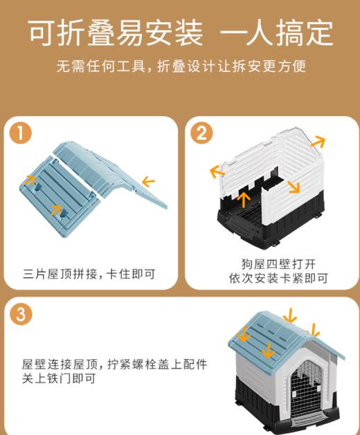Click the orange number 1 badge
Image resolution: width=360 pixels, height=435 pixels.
(24, 133)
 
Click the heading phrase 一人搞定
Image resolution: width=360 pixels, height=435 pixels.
(277, 32)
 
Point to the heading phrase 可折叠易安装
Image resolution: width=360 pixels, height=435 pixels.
(115, 32)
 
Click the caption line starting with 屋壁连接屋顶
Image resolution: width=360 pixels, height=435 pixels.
(114, 364)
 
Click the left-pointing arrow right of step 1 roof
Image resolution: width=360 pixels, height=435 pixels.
(148, 182)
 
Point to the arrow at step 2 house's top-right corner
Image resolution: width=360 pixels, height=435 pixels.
(318, 142)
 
